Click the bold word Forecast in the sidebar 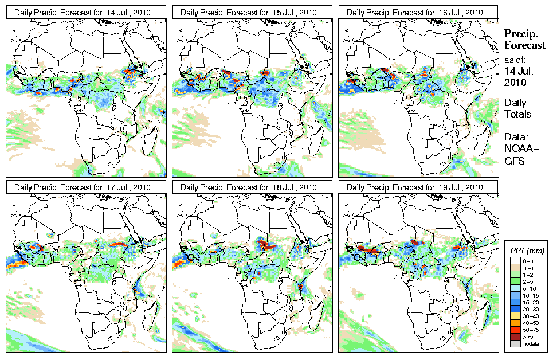(x=524, y=45)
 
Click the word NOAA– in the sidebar (x=517, y=148)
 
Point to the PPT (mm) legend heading (x=527, y=251)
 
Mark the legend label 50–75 (x=534, y=330)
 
